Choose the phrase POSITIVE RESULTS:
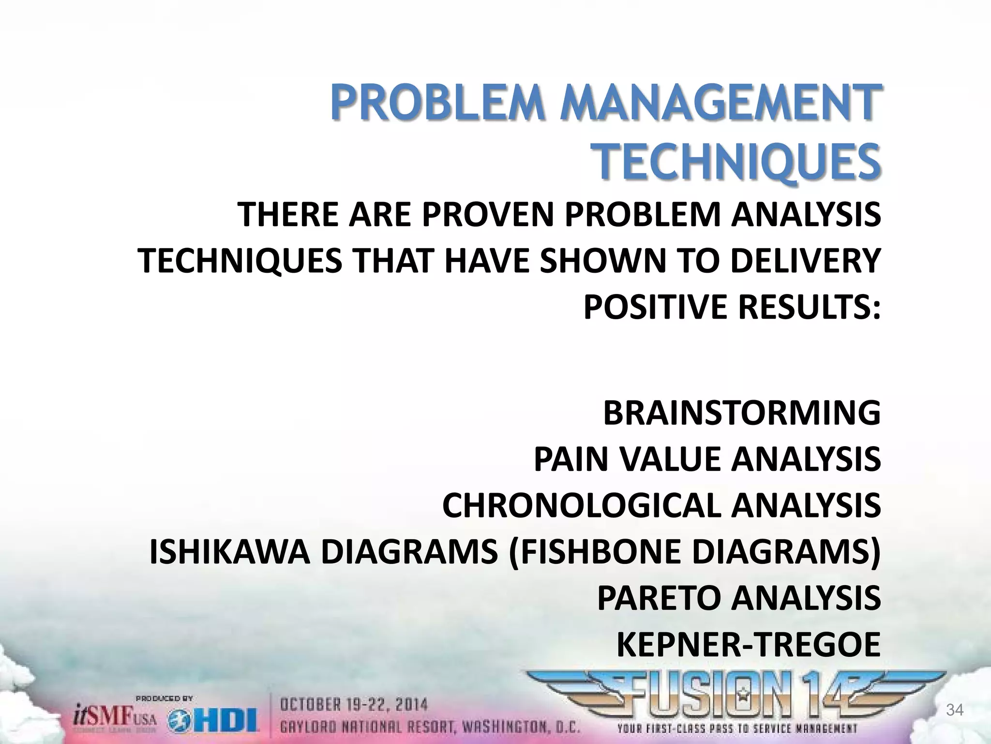[x=732, y=307]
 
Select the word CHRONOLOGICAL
[x=582, y=505]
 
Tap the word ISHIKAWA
[x=230, y=552]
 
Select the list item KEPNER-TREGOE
[x=749, y=645]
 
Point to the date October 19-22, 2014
[x=354, y=705]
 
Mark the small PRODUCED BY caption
[x=165, y=698]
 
